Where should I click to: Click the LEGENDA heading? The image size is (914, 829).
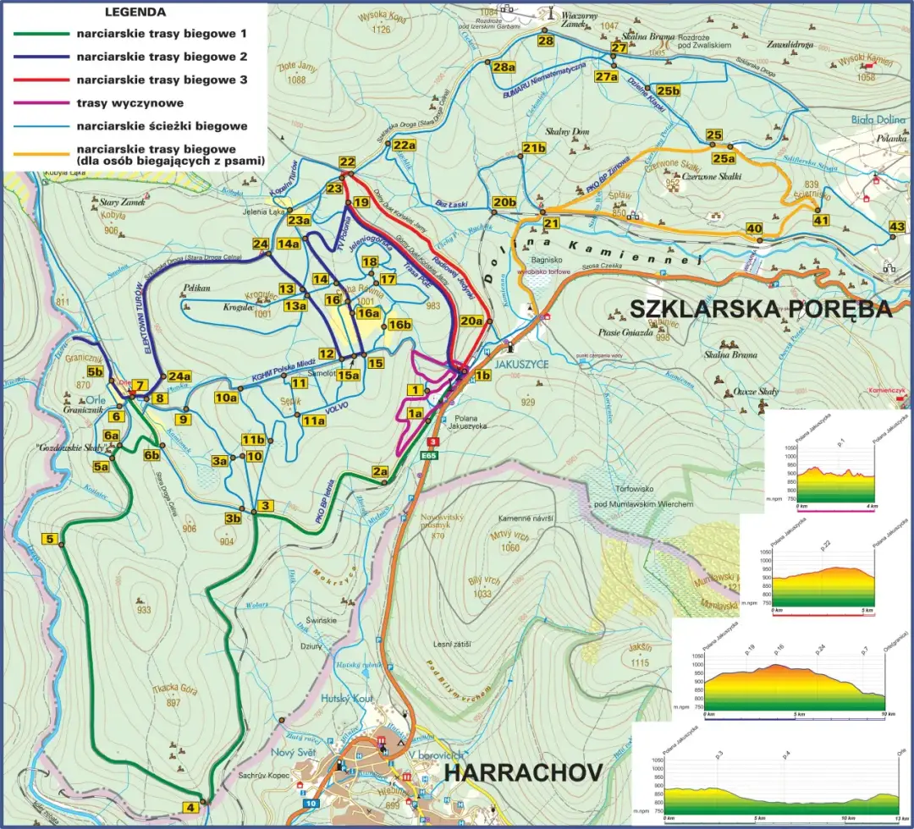(x=136, y=14)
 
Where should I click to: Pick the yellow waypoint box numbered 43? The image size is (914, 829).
(x=898, y=227)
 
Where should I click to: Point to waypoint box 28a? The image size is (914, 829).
(x=504, y=68)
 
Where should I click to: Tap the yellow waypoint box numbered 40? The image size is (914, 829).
(x=754, y=228)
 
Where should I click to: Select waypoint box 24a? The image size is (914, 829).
(x=179, y=376)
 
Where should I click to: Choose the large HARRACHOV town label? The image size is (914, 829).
(x=523, y=772)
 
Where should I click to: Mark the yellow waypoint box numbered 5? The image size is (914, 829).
(x=51, y=540)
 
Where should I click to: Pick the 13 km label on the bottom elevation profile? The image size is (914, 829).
(x=900, y=819)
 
